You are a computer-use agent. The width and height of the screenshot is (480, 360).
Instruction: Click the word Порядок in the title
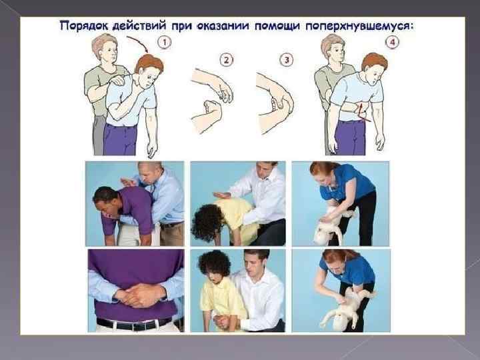[x=83, y=26]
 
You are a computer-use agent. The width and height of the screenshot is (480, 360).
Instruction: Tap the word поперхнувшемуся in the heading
[x=359, y=26]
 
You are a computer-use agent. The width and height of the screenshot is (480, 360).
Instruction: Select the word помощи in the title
[x=277, y=26]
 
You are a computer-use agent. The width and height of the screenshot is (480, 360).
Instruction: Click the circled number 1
[x=165, y=42]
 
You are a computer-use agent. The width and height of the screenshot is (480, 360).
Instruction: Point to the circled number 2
[x=226, y=60]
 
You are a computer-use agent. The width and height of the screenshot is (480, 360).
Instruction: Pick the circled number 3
[x=286, y=60]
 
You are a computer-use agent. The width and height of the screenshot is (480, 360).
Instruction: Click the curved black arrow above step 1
[x=140, y=41]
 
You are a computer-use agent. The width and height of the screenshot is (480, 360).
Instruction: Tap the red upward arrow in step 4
[x=361, y=111]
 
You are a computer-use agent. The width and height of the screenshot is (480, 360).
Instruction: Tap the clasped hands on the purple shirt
[x=139, y=295]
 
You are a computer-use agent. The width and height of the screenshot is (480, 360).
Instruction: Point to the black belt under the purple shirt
[x=135, y=323]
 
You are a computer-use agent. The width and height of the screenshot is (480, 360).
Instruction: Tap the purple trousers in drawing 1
[x=120, y=139]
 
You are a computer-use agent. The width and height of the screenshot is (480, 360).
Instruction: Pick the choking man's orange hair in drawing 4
[x=375, y=61]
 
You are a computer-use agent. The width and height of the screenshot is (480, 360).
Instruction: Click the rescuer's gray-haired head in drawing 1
[x=105, y=47]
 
